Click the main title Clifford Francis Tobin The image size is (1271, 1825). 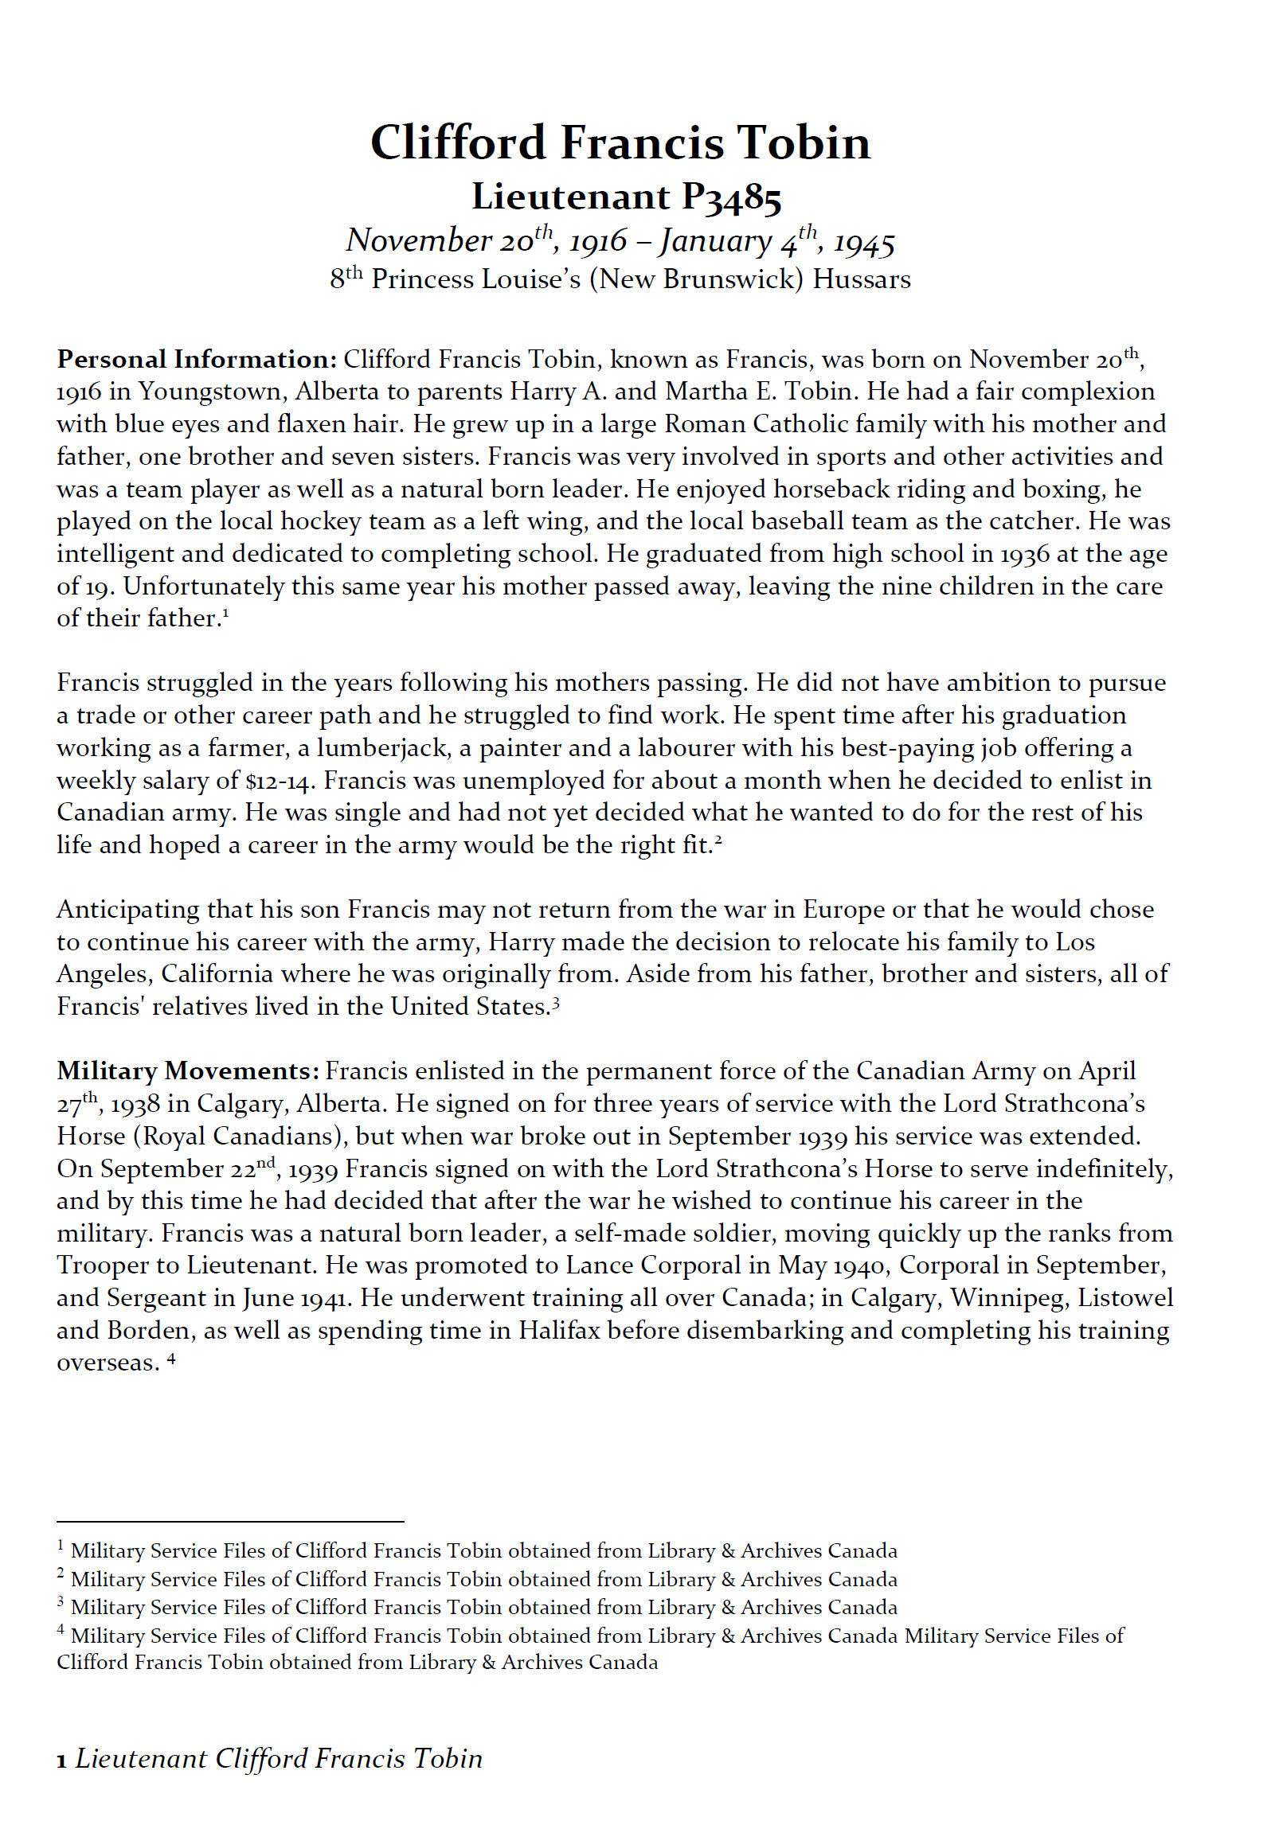[620, 143]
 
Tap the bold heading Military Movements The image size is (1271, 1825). [188, 1071]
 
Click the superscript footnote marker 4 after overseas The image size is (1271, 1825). [171, 1358]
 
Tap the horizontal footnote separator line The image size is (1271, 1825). [230, 1521]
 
